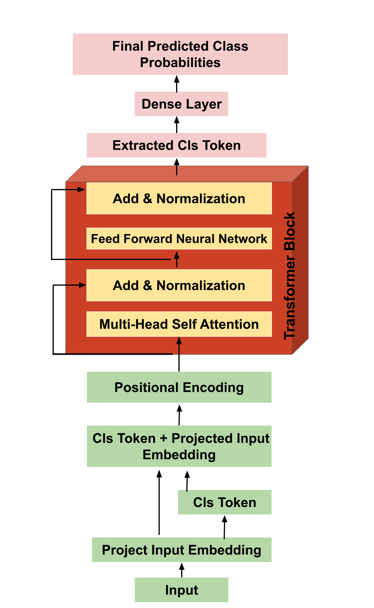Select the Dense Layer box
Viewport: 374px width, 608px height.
(181, 104)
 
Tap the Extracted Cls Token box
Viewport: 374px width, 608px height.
(176, 145)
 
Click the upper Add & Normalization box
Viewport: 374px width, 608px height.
(179, 199)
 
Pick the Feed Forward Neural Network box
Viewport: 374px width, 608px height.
(179, 239)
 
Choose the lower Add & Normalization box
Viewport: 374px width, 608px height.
(179, 285)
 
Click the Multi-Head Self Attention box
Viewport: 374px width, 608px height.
(179, 324)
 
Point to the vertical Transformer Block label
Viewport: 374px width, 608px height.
(290, 275)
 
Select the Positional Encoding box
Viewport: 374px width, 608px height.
(179, 387)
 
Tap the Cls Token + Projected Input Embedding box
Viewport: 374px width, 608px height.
(179, 446)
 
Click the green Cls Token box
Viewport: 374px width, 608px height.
(224, 502)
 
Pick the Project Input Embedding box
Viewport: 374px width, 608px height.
(182, 550)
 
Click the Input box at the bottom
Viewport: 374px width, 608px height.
(182, 590)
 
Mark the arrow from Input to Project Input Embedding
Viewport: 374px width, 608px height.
(182, 570)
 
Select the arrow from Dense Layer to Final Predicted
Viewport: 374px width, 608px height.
(176, 83)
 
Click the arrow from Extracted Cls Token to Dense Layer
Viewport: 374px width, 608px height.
(176, 125)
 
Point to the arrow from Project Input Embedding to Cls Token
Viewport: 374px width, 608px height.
(224, 527)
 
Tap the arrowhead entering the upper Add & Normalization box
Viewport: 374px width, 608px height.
(81, 190)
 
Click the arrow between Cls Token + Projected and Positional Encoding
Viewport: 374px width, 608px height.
(179, 415)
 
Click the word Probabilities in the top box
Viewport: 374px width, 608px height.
(180, 63)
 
